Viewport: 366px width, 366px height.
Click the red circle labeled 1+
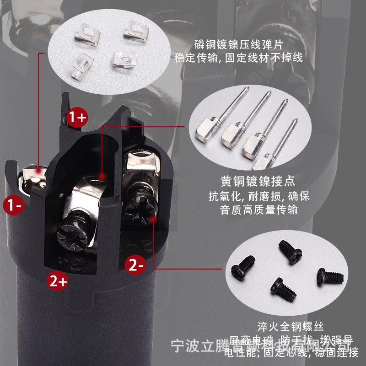click(x=77, y=118)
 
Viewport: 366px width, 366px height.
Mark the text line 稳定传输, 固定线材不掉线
click(x=238, y=59)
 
